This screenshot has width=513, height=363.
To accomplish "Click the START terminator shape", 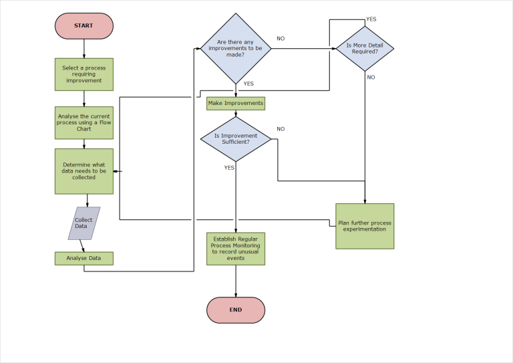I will coord(83,26).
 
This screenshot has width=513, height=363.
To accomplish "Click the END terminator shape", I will coord(236,310).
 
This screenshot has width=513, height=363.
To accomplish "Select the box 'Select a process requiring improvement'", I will coord(83,74).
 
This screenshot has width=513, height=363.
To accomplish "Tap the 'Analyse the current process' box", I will coord(83,123).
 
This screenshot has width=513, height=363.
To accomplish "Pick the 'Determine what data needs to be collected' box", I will coord(83,171).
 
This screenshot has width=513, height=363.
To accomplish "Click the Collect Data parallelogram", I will coord(84,223).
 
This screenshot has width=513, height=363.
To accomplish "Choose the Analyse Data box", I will coord(83,258).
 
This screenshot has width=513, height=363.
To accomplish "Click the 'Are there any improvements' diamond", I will coord(236,48).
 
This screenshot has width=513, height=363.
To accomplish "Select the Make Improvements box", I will coord(236,104).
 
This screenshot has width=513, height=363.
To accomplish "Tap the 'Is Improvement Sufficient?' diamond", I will coord(236,139).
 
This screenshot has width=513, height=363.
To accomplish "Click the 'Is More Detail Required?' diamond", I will coord(365,48).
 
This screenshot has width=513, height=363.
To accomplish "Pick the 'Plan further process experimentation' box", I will coord(365,226).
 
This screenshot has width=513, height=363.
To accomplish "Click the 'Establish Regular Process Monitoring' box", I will coord(236,249).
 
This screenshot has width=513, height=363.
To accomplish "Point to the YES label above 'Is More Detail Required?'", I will coord(371,19).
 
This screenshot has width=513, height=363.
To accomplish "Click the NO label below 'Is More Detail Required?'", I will coord(371,78).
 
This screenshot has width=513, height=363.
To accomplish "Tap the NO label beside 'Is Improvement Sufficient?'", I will coord(281,129).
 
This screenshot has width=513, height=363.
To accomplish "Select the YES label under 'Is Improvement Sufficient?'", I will coord(229,168).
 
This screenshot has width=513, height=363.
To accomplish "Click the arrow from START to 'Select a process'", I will coord(84,49).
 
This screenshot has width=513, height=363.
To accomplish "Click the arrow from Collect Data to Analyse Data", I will coord(82,245).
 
